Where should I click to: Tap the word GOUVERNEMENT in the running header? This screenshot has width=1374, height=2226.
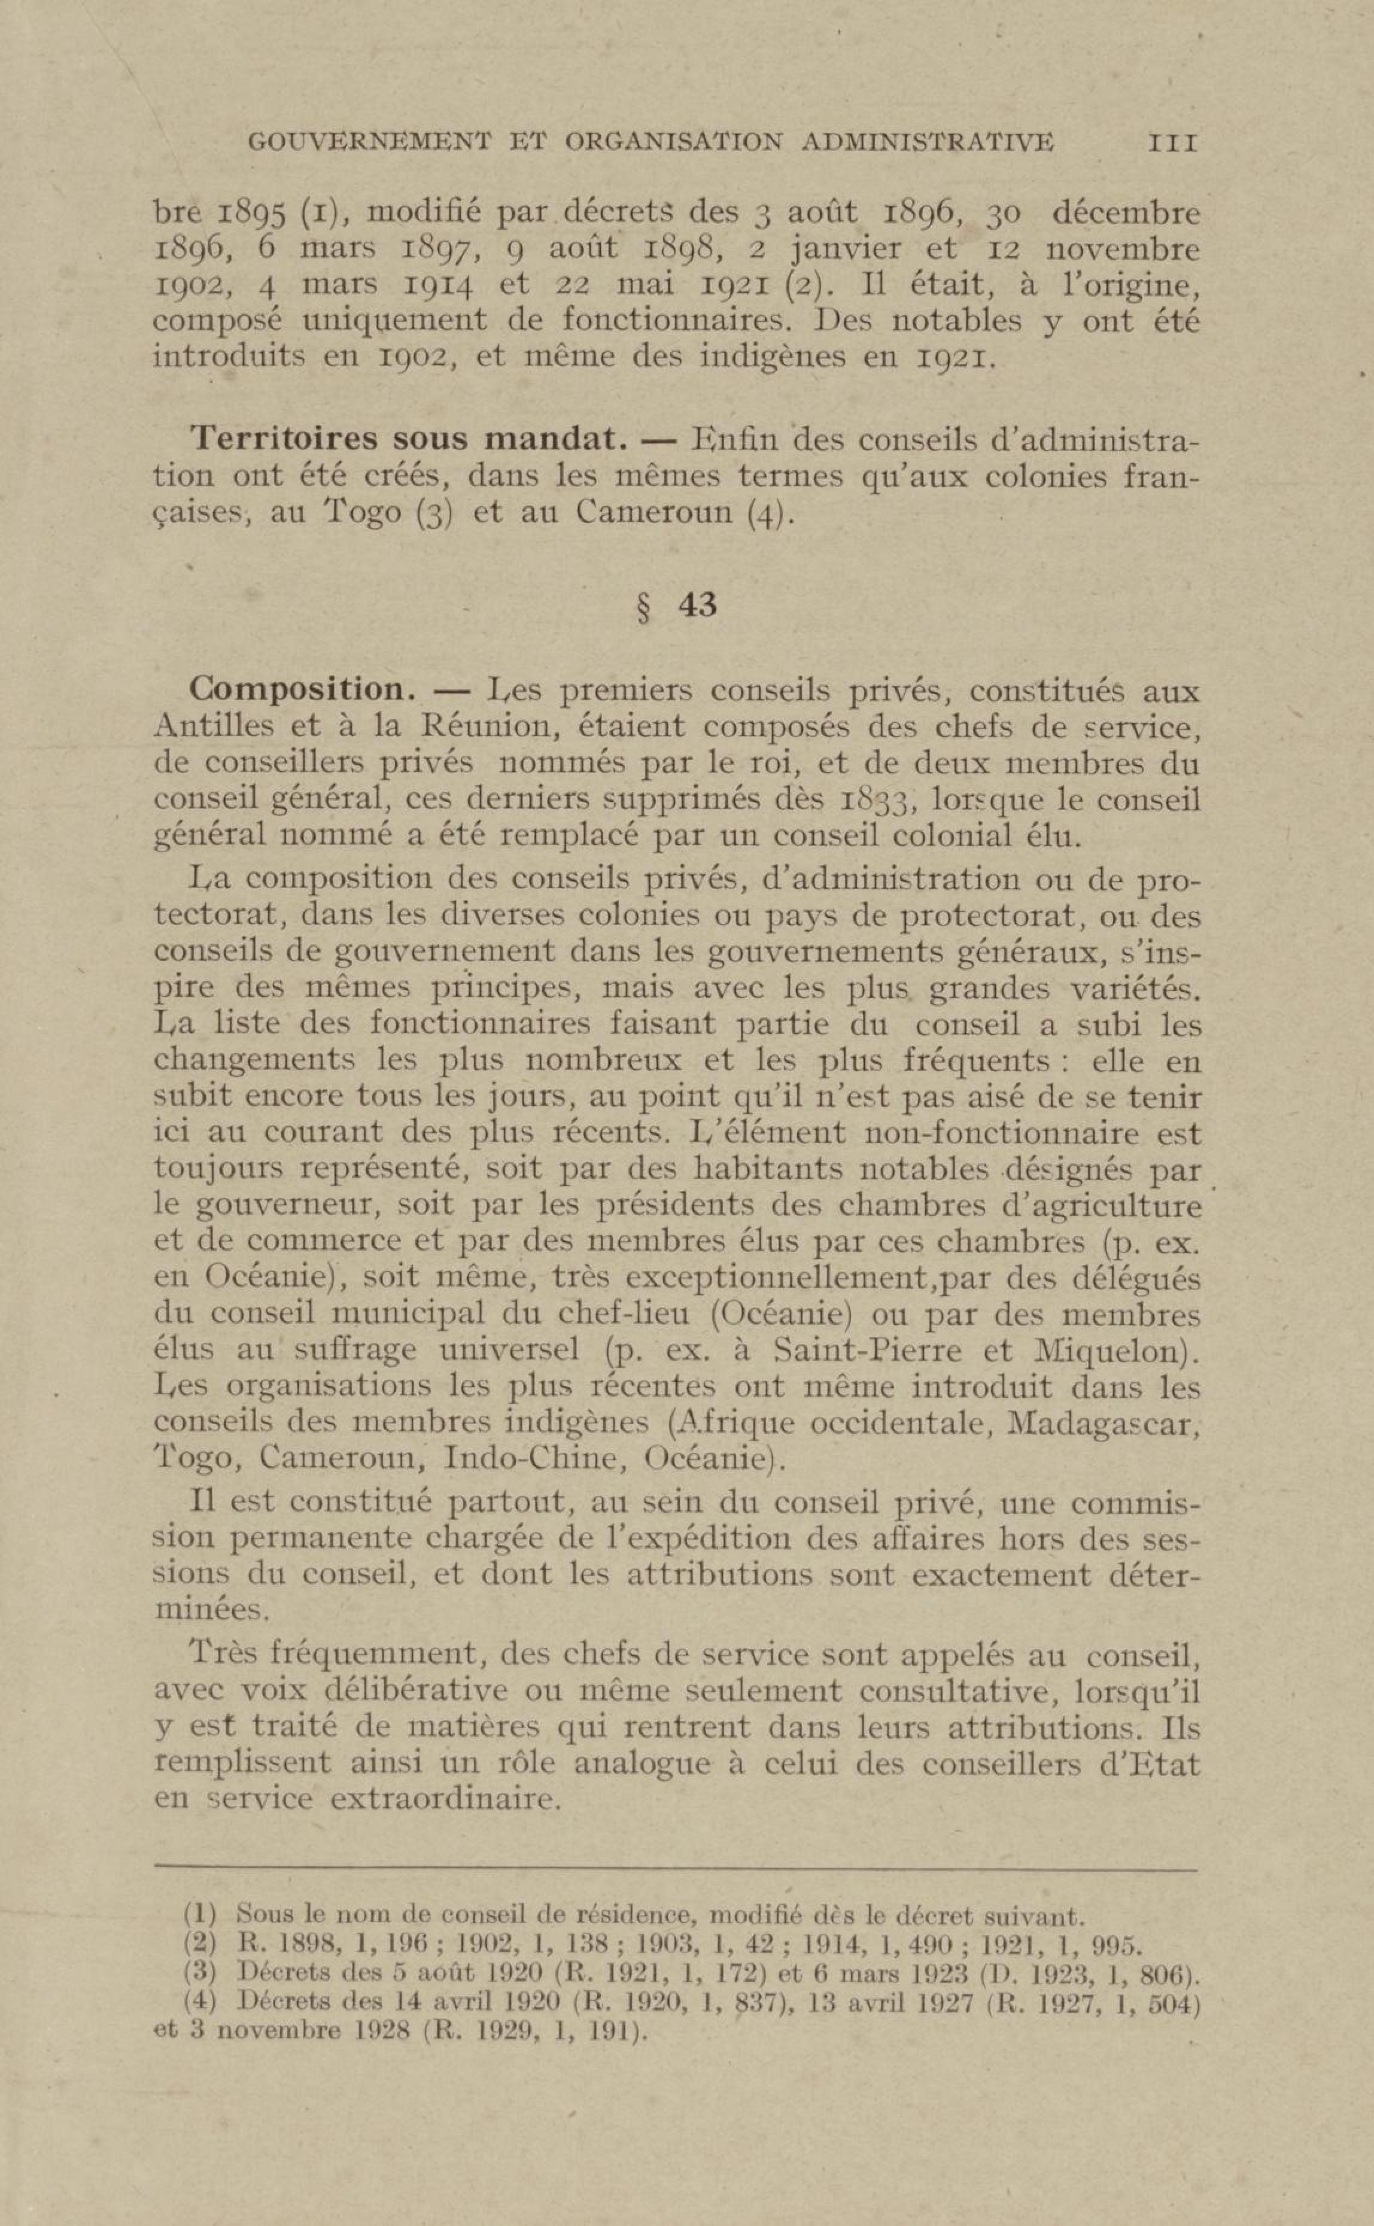tap(369, 142)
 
